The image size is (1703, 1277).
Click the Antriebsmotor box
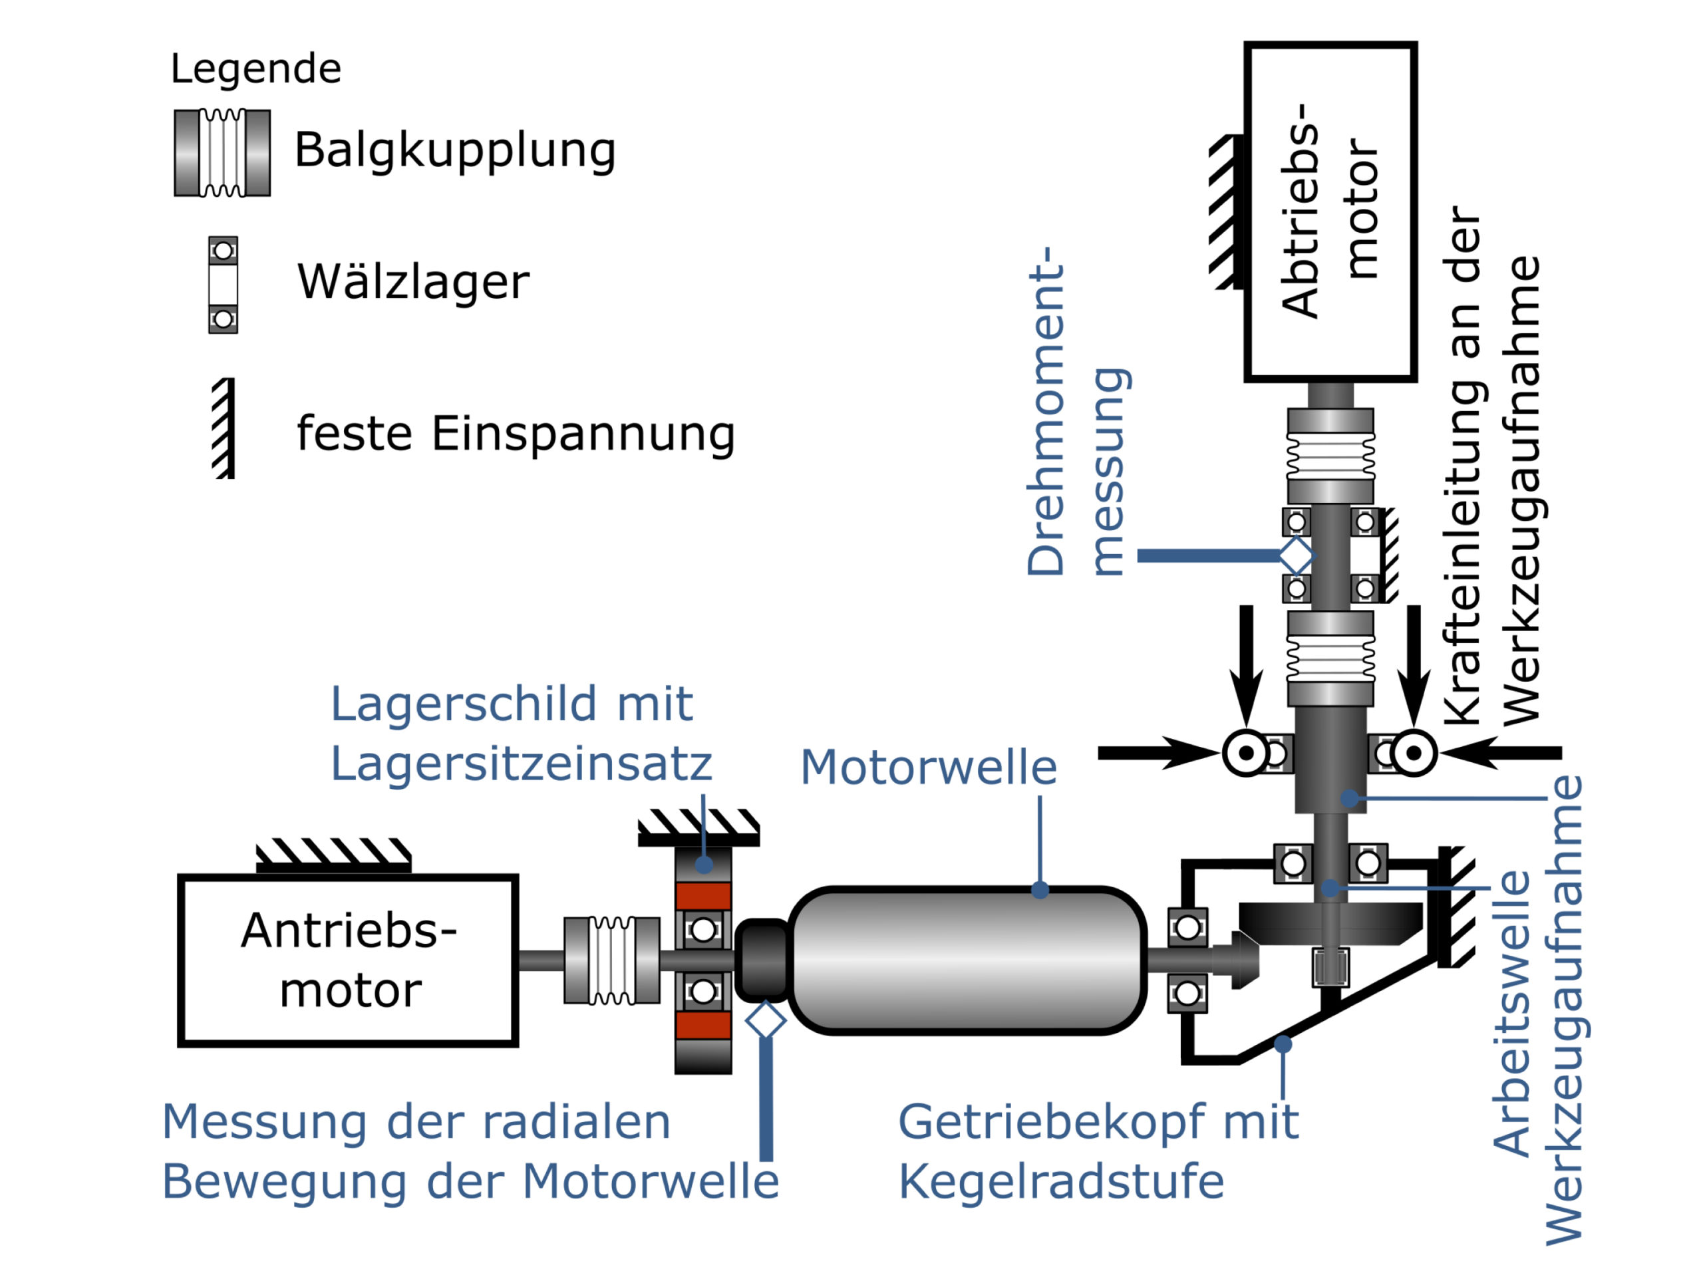pyautogui.click(x=347, y=960)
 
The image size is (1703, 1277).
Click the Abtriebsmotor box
pyautogui.click(x=1330, y=212)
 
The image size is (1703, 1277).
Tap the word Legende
pyautogui.click(x=255, y=69)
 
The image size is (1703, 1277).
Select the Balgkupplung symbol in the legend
pyautogui.click(x=222, y=153)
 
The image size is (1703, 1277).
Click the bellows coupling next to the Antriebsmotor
pyautogui.click(x=611, y=960)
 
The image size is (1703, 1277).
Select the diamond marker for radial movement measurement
pyautogui.click(x=765, y=1021)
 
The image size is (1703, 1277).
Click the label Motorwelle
pyautogui.click(x=929, y=768)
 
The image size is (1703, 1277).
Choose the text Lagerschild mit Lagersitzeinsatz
pyautogui.click(x=520, y=733)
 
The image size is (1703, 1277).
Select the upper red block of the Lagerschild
pyautogui.click(x=703, y=896)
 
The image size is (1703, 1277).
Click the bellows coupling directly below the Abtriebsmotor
pyautogui.click(x=1330, y=456)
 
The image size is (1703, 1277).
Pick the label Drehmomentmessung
pyautogui.click(x=1078, y=412)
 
